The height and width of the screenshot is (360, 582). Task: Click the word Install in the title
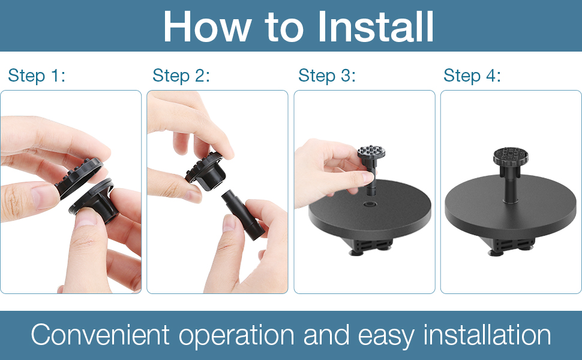[x=376, y=27]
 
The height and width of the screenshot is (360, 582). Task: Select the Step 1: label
[x=37, y=76]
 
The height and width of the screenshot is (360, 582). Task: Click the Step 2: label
[x=181, y=76]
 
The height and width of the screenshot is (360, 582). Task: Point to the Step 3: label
[x=327, y=76]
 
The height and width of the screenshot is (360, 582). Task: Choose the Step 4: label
[x=472, y=76]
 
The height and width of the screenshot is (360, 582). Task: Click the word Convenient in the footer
[x=100, y=335]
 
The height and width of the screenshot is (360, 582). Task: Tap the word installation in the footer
[x=487, y=335]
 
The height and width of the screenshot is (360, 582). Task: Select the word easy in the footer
[x=386, y=338]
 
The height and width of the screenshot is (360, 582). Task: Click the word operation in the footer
[x=236, y=337]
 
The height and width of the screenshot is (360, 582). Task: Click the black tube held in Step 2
[x=243, y=215]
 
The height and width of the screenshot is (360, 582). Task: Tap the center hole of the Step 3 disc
[x=370, y=204]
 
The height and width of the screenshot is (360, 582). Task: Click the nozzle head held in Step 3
[x=371, y=152]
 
